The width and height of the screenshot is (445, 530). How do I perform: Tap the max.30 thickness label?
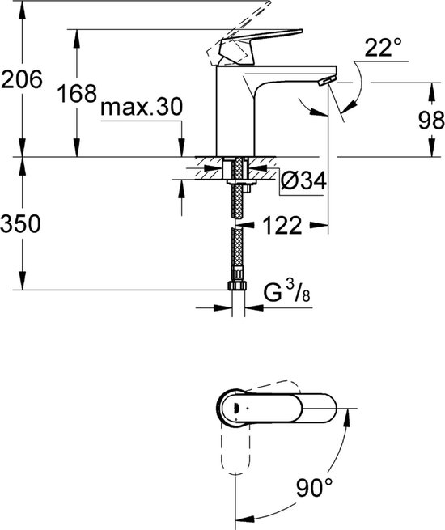click(x=142, y=108)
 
